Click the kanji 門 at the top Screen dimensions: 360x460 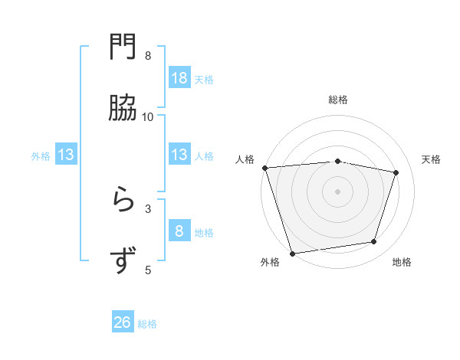[x=123, y=47]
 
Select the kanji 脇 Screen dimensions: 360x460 [x=123, y=108]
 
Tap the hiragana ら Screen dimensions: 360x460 [x=123, y=200]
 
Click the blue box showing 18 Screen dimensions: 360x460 [x=179, y=77]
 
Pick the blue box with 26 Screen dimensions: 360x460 [x=123, y=322]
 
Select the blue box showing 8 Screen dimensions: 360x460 [x=179, y=231]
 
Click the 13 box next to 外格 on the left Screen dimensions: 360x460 [x=66, y=155]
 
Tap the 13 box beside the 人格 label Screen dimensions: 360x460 [x=179, y=155]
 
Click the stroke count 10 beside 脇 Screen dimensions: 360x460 [x=148, y=116]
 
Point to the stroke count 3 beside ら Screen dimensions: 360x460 [x=148, y=208]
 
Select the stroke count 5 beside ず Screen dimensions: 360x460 [x=148, y=270]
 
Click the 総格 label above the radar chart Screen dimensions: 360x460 [x=338, y=100]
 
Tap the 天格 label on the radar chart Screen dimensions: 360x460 [x=432, y=159]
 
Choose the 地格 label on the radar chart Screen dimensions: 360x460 [x=402, y=263]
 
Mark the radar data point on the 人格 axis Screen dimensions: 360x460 [x=265, y=168]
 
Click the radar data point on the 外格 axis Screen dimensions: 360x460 [x=292, y=253]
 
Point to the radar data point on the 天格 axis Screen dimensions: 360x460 [x=396, y=172]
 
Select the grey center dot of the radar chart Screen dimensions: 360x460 [x=337, y=191]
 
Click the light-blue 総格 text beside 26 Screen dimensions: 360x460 [x=147, y=324]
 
